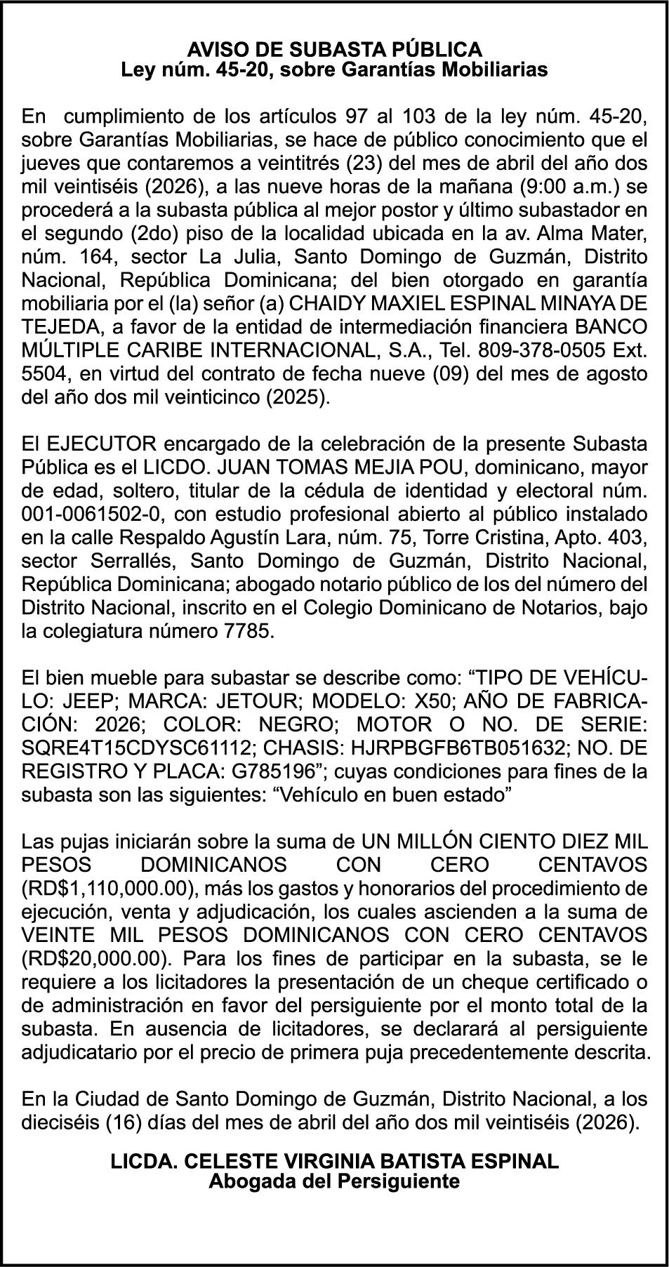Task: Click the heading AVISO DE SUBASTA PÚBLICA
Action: pyautogui.click(x=334, y=49)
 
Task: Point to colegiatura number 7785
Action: pyautogui.click(x=244, y=630)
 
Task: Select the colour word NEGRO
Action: pyautogui.click(x=302, y=724)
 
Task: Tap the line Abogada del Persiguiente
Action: pyautogui.click(x=334, y=1181)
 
